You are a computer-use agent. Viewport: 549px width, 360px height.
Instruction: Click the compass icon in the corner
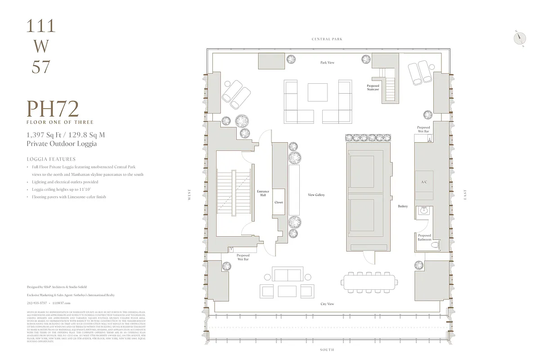coord(519,39)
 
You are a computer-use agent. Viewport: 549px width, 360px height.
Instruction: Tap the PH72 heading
coord(53,109)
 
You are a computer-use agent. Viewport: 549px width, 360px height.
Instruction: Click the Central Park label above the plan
coord(327,39)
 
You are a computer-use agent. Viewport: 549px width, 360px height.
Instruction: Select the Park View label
coord(327,63)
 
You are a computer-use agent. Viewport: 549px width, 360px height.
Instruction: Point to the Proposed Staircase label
coord(373,87)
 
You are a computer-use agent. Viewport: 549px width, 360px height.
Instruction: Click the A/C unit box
coord(424,182)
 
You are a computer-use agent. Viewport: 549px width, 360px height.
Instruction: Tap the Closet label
coord(279,202)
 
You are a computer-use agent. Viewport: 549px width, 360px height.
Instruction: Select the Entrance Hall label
coord(263,193)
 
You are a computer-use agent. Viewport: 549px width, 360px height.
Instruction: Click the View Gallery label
coord(316,195)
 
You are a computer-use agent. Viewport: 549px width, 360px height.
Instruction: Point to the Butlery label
coord(403,206)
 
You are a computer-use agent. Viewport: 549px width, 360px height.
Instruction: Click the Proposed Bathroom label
coord(424,238)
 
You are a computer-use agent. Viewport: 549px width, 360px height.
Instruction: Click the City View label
coord(327,304)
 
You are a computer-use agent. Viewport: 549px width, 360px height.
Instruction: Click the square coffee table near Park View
coord(318,92)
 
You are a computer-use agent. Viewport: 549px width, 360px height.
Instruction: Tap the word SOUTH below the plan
coord(327,350)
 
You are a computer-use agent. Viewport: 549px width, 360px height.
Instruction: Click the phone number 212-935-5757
coord(36,303)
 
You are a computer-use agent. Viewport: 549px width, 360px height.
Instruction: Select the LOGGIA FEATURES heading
coord(51,159)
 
